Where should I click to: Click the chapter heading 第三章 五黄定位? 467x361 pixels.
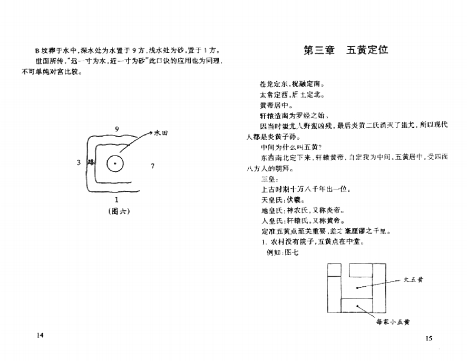(x=345, y=50)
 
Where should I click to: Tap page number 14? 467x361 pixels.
(x=40, y=335)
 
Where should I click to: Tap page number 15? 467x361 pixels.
(x=428, y=338)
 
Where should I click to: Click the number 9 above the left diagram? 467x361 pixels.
(x=117, y=129)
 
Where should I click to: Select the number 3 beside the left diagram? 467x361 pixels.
(x=78, y=163)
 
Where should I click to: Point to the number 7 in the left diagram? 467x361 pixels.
(x=153, y=166)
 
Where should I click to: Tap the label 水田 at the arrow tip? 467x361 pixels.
(x=161, y=134)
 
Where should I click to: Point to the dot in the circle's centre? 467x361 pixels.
(x=116, y=163)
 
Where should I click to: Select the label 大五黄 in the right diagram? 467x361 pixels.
(x=413, y=280)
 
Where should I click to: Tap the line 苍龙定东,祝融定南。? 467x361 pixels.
(x=290, y=83)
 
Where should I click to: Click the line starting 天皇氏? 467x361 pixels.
(x=280, y=200)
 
